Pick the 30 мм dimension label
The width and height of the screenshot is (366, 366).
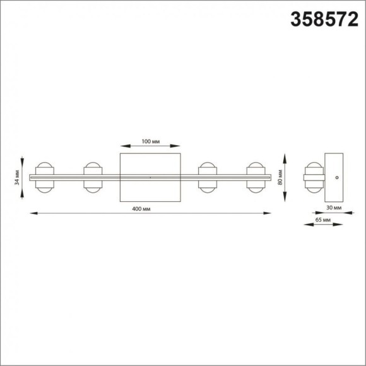pyautogui.click(x=333, y=207)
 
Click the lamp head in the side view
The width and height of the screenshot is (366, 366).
pyautogui.click(x=314, y=178)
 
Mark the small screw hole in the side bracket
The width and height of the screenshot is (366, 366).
pyautogui.click(x=337, y=178)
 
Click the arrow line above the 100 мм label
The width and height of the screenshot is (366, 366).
pyautogui.click(x=150, y=147)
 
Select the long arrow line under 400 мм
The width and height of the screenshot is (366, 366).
pyautogui.click(x=150, y=214)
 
